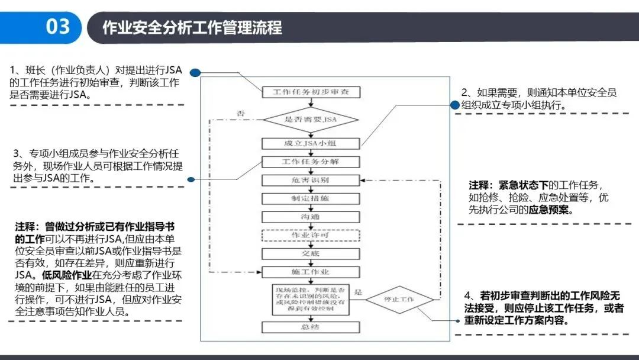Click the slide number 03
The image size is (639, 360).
pyautogui.click(x=57, y=27)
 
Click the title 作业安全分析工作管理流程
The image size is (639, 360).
pyautogui.click(x=192, y=27)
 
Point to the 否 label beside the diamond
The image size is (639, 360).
pyautogui.click(x=241, y=113)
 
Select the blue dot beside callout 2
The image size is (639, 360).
pyautogui.click(x=454, y=105)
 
